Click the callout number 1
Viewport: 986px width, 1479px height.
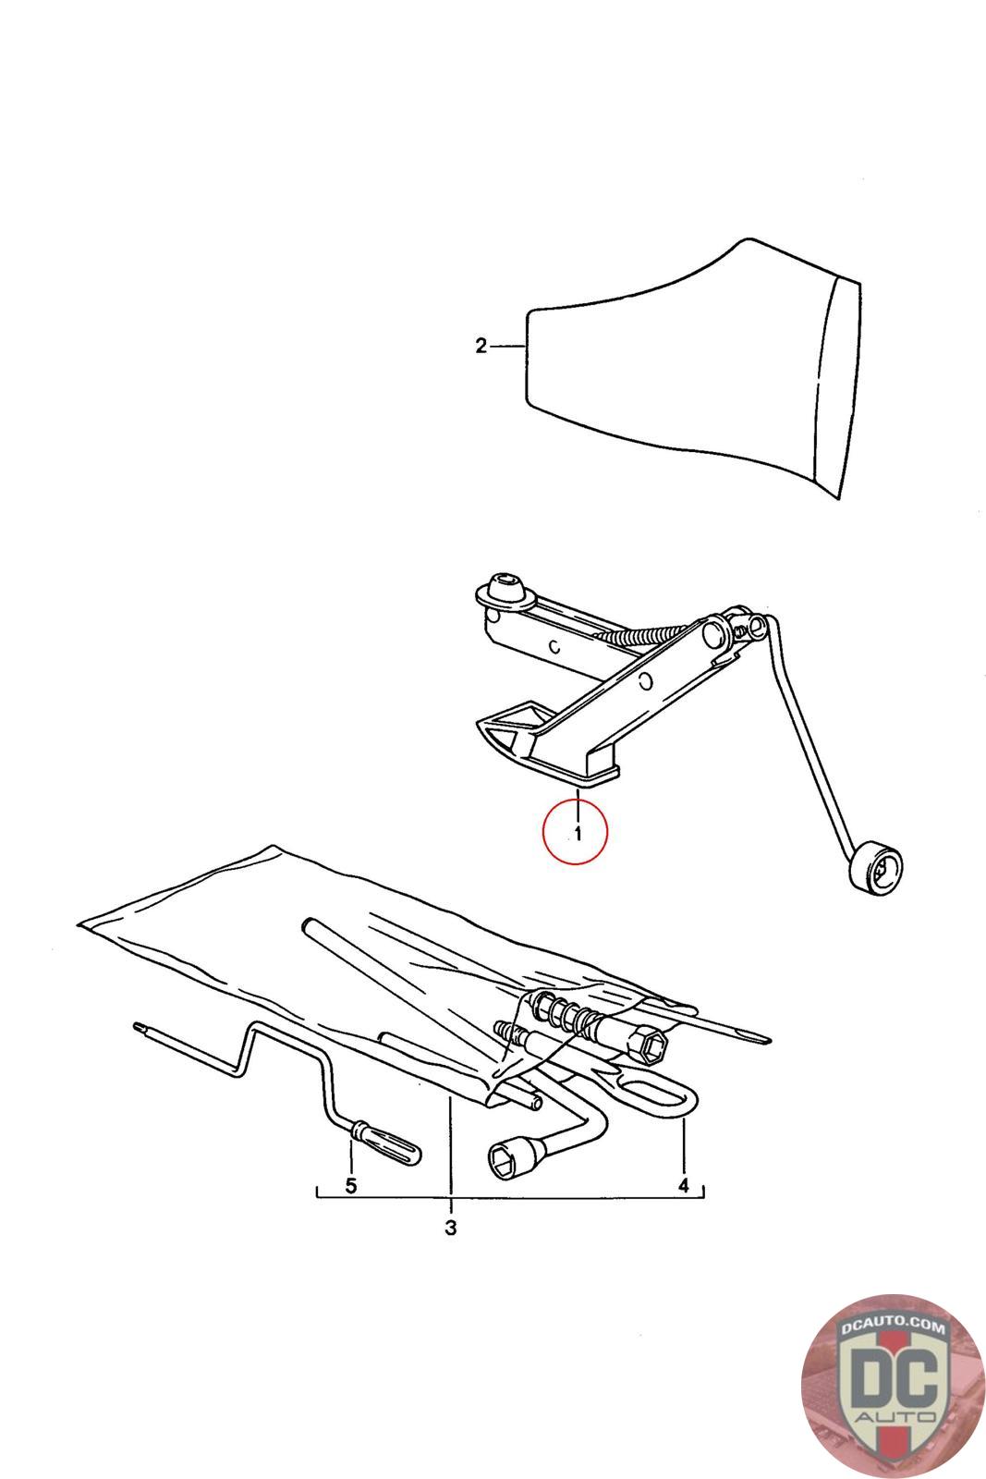tap(578, 834)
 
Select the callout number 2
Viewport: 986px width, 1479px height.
tap(481, 346)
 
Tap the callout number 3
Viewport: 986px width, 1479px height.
tap(451, 1228)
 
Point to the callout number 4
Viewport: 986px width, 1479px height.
tap(684, 1185)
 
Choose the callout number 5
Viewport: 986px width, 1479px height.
tap(351, 1186)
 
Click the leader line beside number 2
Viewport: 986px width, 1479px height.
tap(507, 346)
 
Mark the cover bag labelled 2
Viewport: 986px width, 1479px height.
tap(692, 369)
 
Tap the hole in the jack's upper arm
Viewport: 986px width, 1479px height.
tap(647, 680)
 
